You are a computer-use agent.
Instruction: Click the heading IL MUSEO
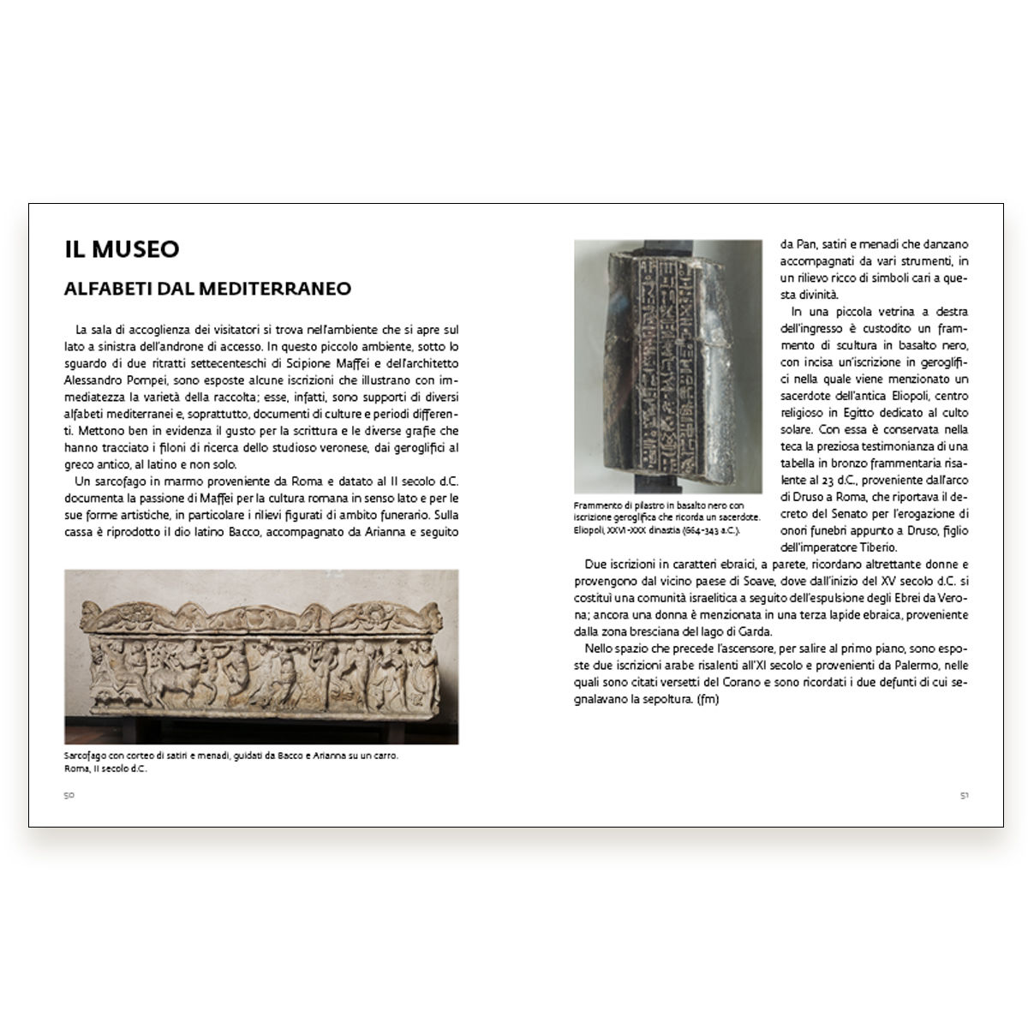pyautogui.click(x=122, y=249)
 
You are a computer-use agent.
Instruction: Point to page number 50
pyautogui.click(x=69, y=795)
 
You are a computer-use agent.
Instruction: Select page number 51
pyautogui.click(x=964, y=795)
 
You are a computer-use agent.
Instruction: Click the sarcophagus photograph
pyautogui.click(x=261, y=656)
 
